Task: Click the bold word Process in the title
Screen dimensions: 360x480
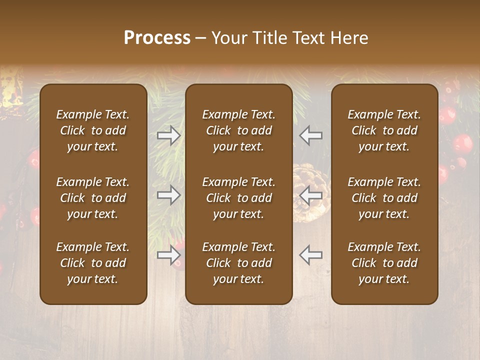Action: pos(157,38)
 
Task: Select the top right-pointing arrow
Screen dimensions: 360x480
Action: pos(169,135)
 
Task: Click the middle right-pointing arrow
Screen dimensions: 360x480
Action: pos(169,195)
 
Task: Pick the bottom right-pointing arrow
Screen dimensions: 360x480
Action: pos(169,255)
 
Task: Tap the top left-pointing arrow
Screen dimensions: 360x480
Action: pos(310,135)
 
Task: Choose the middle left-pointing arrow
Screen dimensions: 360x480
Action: pos(310,195)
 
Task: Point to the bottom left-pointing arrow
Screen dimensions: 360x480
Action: pos(310,255)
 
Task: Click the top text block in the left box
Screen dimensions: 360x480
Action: pos(93,130)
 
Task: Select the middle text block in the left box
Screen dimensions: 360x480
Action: pos(93,198)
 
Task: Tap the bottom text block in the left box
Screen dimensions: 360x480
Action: pos(93,263)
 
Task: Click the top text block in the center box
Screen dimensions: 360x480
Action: pos(238,130)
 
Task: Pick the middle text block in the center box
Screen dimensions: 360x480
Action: pos(238,198)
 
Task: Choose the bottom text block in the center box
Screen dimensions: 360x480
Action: pos(238,263)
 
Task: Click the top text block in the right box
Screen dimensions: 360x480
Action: pos(384,130)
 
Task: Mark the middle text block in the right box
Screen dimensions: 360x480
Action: pos(384,198)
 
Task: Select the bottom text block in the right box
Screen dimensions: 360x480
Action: pos(384,263)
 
